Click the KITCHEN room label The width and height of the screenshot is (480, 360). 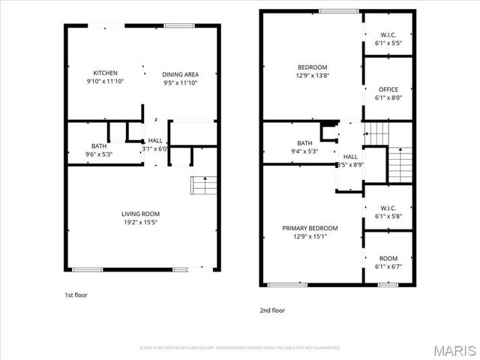click(105, 73)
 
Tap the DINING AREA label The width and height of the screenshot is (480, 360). click(181, 74)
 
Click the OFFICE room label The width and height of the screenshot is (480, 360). click(388, 89)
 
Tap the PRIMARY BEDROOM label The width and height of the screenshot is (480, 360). click(310, 228)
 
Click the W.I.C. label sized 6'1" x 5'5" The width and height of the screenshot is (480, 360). click(388, 34)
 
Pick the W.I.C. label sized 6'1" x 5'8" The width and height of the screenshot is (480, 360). click(388, 208)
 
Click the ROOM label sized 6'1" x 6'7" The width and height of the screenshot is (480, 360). click(388, 258)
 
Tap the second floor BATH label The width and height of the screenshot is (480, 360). click(304, 142)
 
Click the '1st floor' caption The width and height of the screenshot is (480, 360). click(76, 295)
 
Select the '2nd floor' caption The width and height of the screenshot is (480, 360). click(272, 310)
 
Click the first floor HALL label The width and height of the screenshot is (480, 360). click(155, 140)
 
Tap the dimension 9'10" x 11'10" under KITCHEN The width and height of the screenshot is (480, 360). click(105, 82)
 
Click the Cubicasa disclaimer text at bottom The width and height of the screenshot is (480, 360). click(240, 347)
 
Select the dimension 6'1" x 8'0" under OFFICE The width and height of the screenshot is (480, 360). click(388, 97)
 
